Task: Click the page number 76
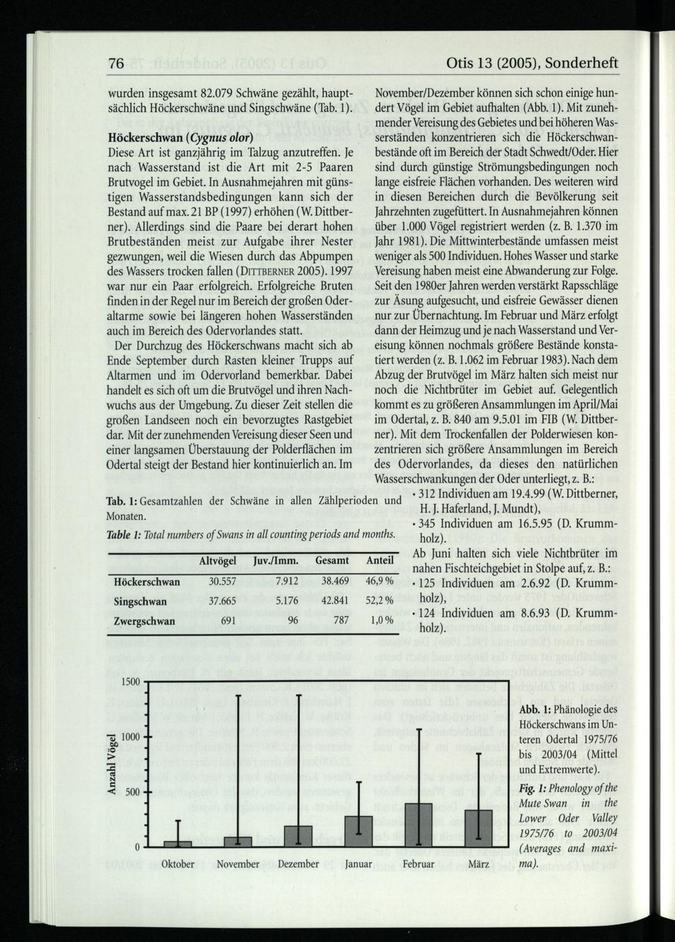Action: (116, 63)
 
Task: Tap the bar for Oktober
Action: (178, 843)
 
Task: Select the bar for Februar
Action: (418, 825)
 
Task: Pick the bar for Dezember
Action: (298, 835)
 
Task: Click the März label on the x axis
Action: (479, 864)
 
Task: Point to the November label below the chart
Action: (238, 864)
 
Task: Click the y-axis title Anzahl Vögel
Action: (115, 764)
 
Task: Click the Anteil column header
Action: (379, 561)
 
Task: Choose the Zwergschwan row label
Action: (144, 621)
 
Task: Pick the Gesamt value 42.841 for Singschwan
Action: (334, 601)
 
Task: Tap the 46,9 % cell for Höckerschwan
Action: (379, 581)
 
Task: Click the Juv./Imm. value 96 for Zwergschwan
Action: (293, 621)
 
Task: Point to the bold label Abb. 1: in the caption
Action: (535, 709)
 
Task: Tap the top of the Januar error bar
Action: (358, 782)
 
